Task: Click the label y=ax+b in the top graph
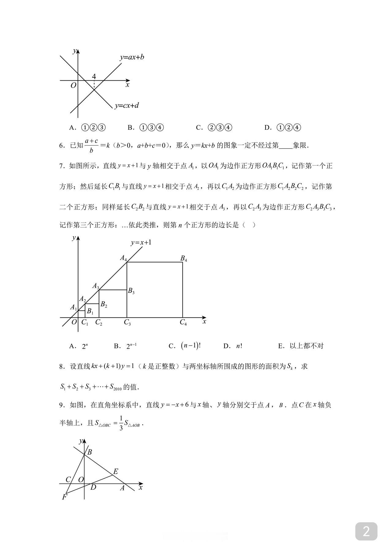pyautogui.click(x=132, y=57)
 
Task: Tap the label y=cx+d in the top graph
pyautogui.click(x=127, y=105)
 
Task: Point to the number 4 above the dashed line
pyautogui.click(x=94, y=76)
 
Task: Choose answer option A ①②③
pyautogui.click(x=88, y=128)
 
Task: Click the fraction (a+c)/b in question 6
pyautogui.click(x=91, y=145)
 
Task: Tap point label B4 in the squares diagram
pyautogui.click(x=183, y=258)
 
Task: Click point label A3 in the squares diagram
pyautogui.click(x=96, y=286)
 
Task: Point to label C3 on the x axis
pyautogui.click(x=127, y=323)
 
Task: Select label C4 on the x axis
pyautogui.click(x=183, y=323)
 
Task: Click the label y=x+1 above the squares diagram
pyautogui.click(x=141, y=243)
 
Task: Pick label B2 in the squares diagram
pyautogui.click(x=104, y=304)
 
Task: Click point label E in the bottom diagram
pyautogui.click(x=115, y=472)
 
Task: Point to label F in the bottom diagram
pyautogui.click(x=64, y=497)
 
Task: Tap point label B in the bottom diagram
pyautogui.click(x=89, y=452)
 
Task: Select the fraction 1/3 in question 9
pyautogui.click(x=121, y=423)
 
